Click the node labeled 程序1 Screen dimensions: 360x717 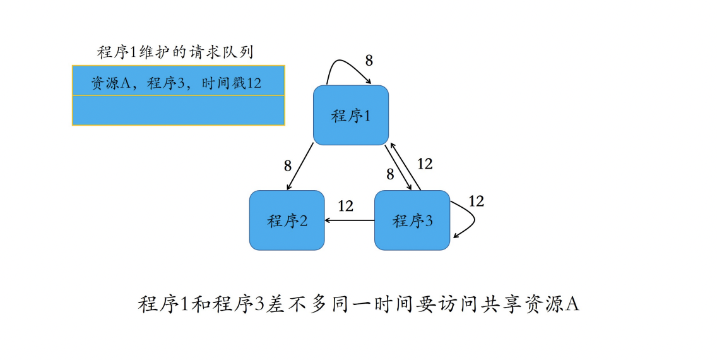click(x=350, y=116)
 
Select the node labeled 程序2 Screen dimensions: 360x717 click(x=287, y=220)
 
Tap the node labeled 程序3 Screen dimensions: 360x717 click(x=412, y=220)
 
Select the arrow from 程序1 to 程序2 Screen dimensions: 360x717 click(x=300, y=166)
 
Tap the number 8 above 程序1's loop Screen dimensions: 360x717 click(x=369, y=61)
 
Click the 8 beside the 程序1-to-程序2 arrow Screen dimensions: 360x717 click(x=288, y=166)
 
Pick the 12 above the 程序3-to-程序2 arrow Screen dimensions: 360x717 click(x=345, y=206)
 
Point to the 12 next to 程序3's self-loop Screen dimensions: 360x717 click(x=476, y=201)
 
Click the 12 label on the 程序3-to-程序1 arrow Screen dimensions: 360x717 click(x=425, y=164)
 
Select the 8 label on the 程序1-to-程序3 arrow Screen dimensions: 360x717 click(x=390, y=173)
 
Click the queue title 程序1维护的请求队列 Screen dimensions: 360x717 click(x=175, y=52)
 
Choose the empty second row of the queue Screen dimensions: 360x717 click(x=178, y=111)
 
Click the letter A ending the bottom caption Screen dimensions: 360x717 click(x=572, y=304)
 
